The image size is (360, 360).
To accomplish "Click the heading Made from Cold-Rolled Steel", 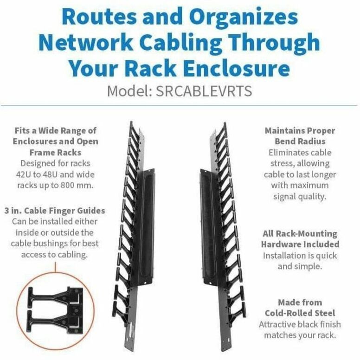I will tap(300, 308).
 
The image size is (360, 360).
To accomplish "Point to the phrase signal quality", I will tap(300, 196).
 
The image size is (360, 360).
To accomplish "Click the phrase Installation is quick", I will tap(300, 256).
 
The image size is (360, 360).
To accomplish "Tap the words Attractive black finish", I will tap(300, 324).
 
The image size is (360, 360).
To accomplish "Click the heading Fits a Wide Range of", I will tap(55, 130).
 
